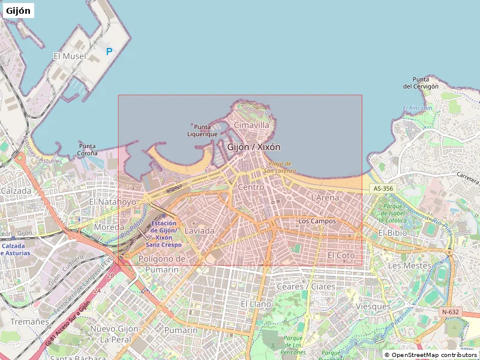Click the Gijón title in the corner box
coord(18,10)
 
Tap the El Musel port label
coord(70,56)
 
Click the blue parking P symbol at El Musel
coord(109,52)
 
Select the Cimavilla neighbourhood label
coord(251,125)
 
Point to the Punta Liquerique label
coord(202,130)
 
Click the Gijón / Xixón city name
coord(254,146)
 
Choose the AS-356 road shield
coord(383,188)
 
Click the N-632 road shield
coord(450,311)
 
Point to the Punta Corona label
coord(88,149)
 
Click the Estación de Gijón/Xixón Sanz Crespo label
coord(164,234)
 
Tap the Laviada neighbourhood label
coord(200,230)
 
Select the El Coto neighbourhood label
coord(341,255)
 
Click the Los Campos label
coord(317,221)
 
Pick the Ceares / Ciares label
coord(305,286)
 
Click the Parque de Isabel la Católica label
coord(392,213)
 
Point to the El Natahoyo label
coord(113,202)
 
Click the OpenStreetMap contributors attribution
coord(430,355)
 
